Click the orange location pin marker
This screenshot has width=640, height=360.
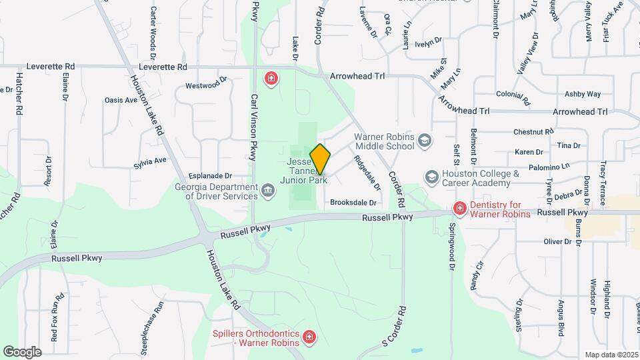(321, 159)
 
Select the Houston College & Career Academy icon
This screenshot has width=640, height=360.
(431, 177)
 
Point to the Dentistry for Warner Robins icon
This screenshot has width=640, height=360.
(459, 209)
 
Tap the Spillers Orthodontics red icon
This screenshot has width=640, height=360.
(309, 338)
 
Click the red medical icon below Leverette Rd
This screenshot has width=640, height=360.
(271, 80)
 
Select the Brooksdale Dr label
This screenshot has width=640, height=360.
(353, 203)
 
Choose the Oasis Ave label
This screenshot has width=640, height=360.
(121, 100)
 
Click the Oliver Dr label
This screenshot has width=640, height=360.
(558, 241)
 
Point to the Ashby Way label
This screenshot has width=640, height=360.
(583, 95)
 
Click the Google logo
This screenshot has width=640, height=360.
(22, 351)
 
